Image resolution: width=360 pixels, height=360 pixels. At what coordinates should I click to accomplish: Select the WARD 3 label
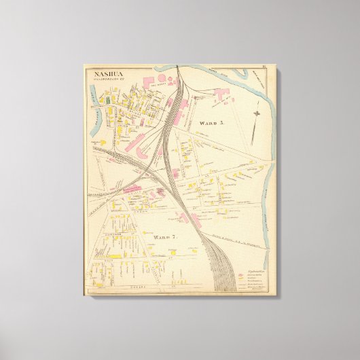coord(211,124)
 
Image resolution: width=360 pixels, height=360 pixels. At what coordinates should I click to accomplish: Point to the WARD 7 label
coord(165,236)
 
